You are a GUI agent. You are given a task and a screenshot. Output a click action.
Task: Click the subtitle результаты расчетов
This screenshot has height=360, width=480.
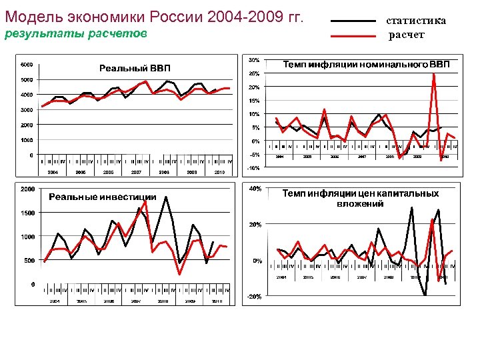(x=75, y=34)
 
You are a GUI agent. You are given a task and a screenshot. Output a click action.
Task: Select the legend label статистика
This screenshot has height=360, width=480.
(x=417, y=21)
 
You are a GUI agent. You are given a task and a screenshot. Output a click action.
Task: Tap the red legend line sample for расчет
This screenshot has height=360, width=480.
(x=353, y=35)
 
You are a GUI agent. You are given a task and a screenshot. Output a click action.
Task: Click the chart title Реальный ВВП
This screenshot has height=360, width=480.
(x=135, y=68)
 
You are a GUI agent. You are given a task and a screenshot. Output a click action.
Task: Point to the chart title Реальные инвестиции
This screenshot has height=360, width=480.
(x=103, y=197)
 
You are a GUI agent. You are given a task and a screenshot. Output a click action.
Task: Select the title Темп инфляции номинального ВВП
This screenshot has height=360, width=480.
(x=367, y=65)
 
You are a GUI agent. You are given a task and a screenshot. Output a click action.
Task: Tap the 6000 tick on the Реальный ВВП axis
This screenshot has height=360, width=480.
(x=27, y=65)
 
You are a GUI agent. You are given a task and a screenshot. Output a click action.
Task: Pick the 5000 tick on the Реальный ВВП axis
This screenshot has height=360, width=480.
(x=27, y=80)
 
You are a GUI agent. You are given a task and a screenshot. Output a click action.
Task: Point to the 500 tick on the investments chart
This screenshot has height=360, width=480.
(x=29, y=261)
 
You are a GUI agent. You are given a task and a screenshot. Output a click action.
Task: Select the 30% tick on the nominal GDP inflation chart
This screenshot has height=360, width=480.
(x=254, y=59)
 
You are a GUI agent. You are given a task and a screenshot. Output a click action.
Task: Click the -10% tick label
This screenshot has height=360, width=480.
(x=253, y=168)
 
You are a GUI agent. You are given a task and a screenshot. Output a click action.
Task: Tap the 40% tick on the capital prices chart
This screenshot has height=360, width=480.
(x=255, y=189)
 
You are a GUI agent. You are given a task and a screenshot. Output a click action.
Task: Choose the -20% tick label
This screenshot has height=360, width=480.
(x=254, y=297)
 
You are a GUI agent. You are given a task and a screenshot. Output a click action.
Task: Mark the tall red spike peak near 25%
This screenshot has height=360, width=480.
(x=434, y=73)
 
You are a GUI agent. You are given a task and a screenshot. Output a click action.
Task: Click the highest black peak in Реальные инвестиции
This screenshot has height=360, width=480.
(x=165, y=197)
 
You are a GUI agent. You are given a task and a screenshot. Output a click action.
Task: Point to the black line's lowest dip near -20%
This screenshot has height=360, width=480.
(x=425, y=294)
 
